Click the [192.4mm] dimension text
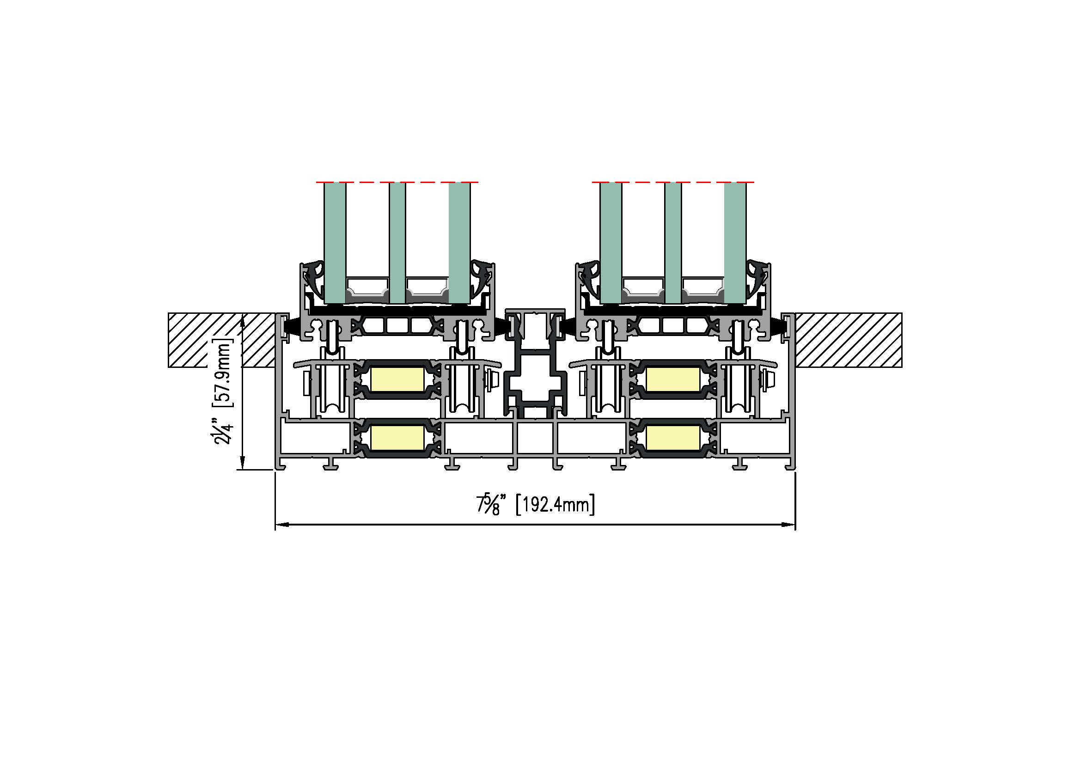[x=556, y=505]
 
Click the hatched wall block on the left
[x=222, y=340]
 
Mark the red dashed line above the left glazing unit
[x=397, y=182]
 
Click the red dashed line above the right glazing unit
[x=673, y=182]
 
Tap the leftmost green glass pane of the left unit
[x=335, y=243]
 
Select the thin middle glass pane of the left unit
[x=397, y=243]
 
